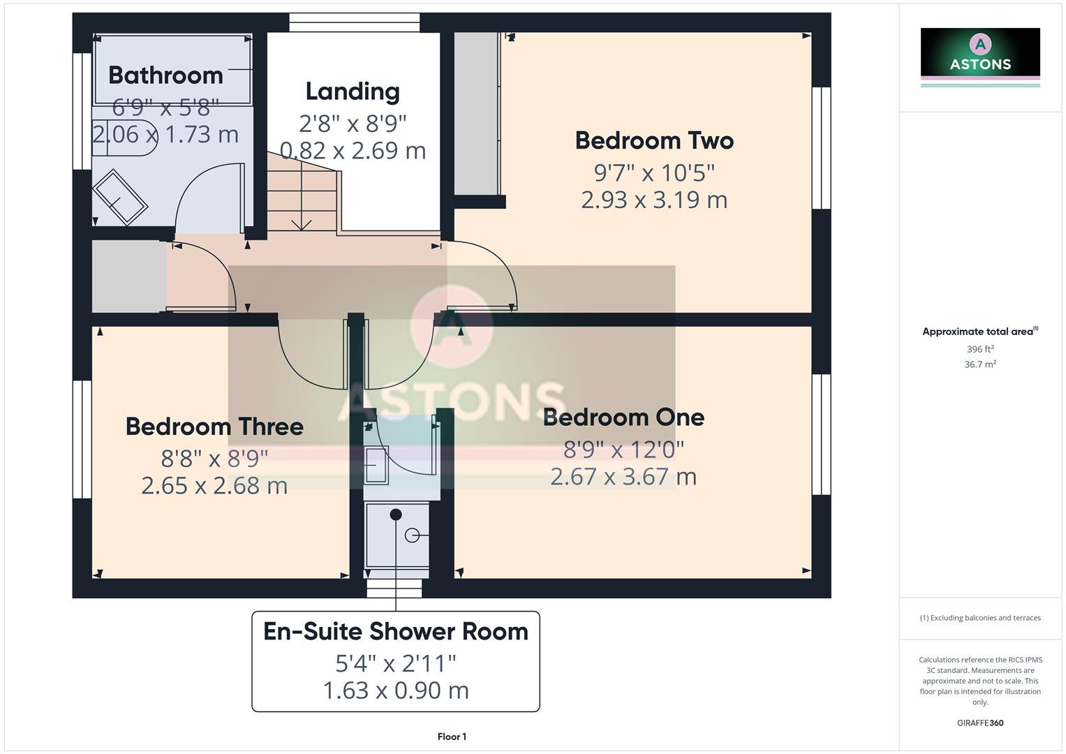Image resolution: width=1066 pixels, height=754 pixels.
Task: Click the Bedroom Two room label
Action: pyautogui.click(x=654, y=140)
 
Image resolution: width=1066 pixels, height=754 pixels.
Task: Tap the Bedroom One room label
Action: pyautogui.click(x=623, y=417)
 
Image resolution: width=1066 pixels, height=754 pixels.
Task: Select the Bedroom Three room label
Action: pyautogui.click(x=214, y=426)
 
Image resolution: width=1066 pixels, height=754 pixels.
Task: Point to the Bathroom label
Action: pyautogui.click(x=165, y=75)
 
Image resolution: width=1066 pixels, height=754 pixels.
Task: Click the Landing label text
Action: pyautogui.click(x=353, y=91)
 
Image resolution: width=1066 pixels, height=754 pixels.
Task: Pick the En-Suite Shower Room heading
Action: pyautogui.click(x=396, y=631)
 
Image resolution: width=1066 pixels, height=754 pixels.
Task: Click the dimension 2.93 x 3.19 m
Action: pyautogui.click(x=654, y=200)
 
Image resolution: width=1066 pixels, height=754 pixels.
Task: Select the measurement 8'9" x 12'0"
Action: pyautogui.click(x=623, y=449)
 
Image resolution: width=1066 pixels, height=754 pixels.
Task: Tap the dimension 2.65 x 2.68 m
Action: pyautogui.click(x=214, y=485)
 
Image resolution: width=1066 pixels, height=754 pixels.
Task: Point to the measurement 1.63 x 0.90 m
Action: pyautogui.click(x=396, y=690)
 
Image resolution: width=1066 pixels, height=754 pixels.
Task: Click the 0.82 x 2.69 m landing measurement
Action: pyautogui.click(x=353, y=150)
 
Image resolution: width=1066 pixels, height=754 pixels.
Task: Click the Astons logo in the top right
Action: pyautogui.click(x=980, y=54)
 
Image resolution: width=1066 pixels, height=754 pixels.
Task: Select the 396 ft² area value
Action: pyautogui.click(x=980, y=349)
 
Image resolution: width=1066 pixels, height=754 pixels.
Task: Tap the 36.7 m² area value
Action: pyautogui.click(x=980, y=364)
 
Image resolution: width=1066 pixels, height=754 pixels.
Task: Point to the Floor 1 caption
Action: pyautogui.click(x=452, y=737)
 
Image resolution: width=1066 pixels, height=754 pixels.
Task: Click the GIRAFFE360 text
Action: pyautogui.click(x=980, y=723)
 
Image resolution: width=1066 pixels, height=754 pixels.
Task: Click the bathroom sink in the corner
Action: pyautogui.click(x=120, y=198)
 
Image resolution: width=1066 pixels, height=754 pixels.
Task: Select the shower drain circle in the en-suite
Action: pyautogui.click(x=412, y=535)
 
